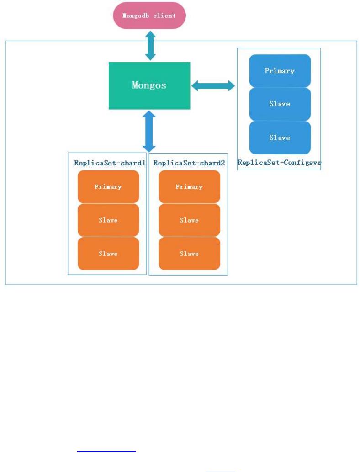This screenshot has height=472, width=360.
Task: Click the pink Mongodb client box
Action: (149, 16)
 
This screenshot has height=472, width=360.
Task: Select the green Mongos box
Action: (149, 85)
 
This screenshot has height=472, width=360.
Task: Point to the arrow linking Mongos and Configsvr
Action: (213, 85)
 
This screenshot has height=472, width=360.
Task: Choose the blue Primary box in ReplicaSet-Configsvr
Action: (280, 71)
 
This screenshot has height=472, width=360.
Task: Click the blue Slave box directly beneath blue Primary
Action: (280, 104)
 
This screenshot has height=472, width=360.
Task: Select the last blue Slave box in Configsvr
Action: (280, 138)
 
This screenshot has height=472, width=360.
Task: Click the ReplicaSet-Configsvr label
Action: (279, 162)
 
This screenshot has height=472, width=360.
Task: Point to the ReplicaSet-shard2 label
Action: (189, 163)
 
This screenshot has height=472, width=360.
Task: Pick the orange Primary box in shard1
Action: (108, 186)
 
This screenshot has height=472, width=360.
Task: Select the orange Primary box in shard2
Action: (189, 186)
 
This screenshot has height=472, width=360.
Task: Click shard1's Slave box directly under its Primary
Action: (108, 220)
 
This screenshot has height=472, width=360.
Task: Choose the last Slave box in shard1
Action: (108, 254)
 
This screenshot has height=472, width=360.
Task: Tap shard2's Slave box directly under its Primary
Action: (189, 220)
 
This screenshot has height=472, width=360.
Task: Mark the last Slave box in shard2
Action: (189, 254)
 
